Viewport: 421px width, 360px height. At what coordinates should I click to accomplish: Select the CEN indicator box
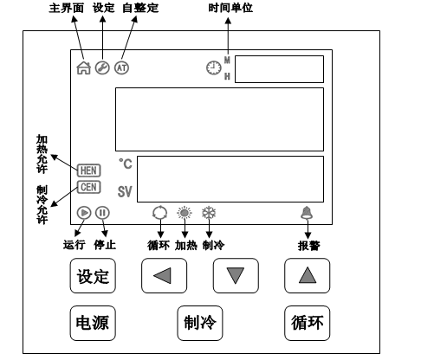88,185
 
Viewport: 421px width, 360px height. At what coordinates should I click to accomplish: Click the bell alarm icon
306,212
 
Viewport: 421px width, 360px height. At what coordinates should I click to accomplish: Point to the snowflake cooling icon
208,212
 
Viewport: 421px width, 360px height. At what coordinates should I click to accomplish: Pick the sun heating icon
184,212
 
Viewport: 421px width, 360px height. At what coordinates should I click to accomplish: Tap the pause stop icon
102,212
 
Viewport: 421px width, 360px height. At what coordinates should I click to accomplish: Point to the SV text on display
125,192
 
